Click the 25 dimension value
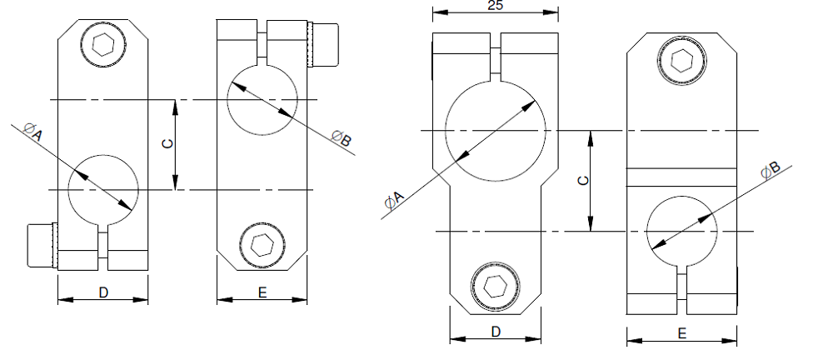tap(495, 6)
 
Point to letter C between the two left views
tap(167, 144)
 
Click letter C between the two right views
tap(583, 180)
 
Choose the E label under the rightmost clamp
tap(681, 333)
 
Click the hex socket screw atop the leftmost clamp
tap(102, 44)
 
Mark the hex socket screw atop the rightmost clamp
tap(681, 62)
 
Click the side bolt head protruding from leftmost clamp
tap(40, 245)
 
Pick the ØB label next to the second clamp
tap(341, 139)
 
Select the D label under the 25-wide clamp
tap(495, 332)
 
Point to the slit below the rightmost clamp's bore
tap(682, 284)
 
